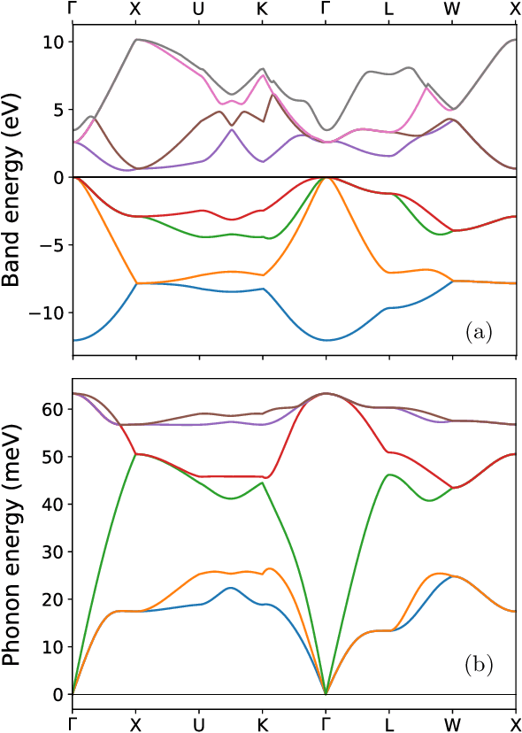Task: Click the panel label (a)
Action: pos(479,332)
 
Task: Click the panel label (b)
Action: pos(479,663)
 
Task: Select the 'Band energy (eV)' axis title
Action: pos(12,188)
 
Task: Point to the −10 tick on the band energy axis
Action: pos(48,312)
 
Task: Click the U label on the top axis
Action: pos(198,10)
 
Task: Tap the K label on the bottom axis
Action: pos(262,723)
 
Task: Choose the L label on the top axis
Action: pos(389,10)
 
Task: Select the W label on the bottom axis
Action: pos(453,723)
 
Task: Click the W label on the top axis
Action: pos(453,10)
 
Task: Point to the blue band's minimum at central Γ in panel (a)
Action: pos(326,340)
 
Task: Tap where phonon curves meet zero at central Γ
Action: pos(326,694)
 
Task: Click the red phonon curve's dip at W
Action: pos(453,488)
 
